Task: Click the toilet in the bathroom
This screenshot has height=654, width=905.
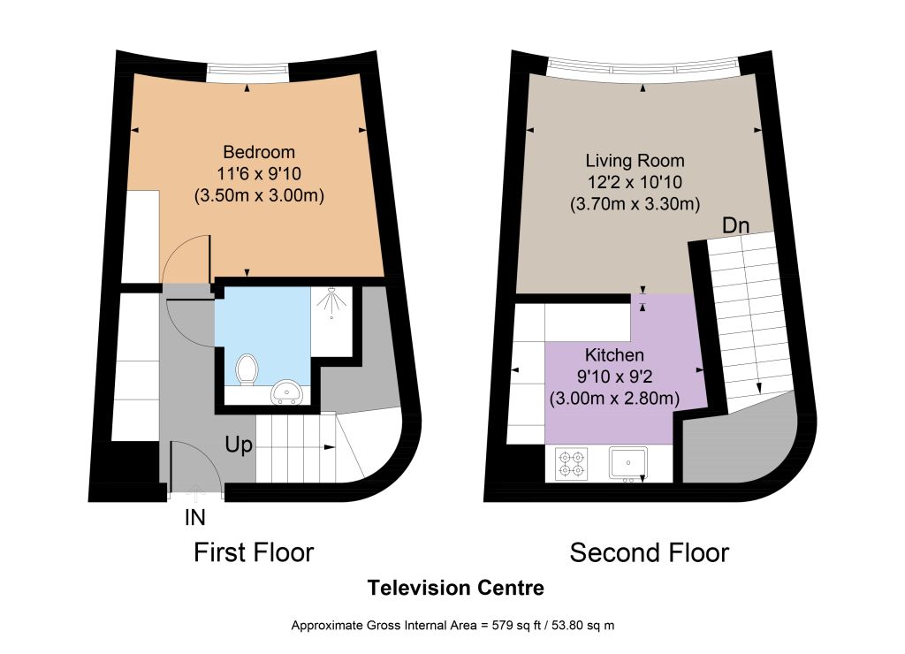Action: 247,369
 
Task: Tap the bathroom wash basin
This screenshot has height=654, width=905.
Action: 285,392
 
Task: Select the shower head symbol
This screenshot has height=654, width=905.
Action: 332,300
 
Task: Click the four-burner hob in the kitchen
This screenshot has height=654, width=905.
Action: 572,464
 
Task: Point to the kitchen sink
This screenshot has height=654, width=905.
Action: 628,463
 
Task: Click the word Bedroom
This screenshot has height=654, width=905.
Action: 259,152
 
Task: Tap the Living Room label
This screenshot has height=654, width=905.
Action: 635,160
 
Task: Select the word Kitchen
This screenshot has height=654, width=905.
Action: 614,354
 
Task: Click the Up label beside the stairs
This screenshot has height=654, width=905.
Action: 239,445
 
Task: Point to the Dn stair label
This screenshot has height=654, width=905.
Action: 736,225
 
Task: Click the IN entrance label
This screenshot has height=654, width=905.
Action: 195,517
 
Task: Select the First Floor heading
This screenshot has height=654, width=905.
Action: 254,552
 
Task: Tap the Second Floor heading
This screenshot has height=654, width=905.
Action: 650,552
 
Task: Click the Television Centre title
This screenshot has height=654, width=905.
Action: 456,588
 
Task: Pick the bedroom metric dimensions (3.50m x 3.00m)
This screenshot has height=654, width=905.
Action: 259,195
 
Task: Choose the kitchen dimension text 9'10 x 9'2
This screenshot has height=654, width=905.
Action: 614,376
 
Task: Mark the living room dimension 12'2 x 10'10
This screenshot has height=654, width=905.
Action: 635,182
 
